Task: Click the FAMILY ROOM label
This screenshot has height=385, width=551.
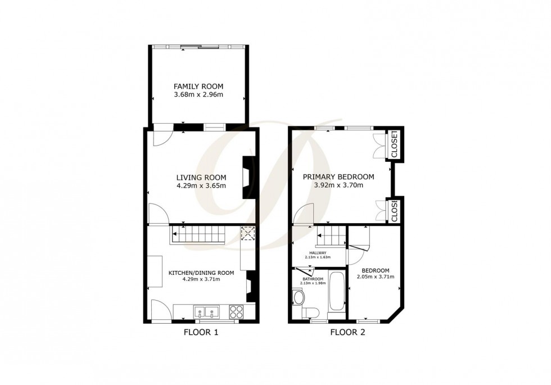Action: click(198, 87)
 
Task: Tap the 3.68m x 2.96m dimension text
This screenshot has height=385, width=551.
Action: click(198, 95)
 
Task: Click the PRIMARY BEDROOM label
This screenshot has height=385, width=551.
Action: click(338, 176)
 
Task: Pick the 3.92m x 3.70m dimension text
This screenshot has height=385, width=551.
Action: click(338, 185)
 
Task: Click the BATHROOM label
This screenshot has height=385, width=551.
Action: click(313, 279)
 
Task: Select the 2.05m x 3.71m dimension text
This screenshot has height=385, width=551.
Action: click(375, 277)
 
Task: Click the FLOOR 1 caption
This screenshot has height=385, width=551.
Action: click(201, 332)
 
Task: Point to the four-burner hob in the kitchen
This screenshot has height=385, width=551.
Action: click(236, 310)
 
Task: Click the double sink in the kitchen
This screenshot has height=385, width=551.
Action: click(206, 310)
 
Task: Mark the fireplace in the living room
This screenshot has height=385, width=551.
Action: click(247, 176)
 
